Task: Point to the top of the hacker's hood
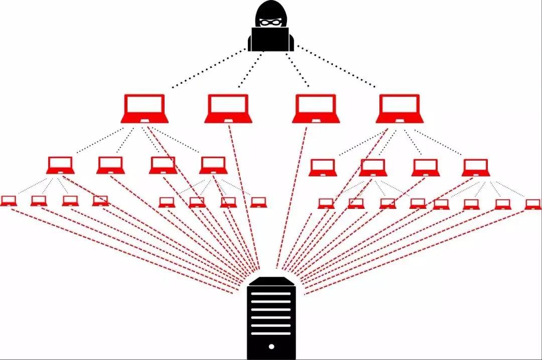coord(271,4)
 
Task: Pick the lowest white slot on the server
coord(271,333)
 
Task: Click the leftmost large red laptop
coord(145,108)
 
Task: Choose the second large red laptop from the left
coord(228,108)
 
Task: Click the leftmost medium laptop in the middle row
coord(60,165)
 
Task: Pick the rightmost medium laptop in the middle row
coord(476,168)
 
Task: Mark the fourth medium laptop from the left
coord(213,165)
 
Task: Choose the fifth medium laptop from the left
coord(322,168)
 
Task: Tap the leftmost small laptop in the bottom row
coord(8,201)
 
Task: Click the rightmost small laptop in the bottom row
coord(533,204)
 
